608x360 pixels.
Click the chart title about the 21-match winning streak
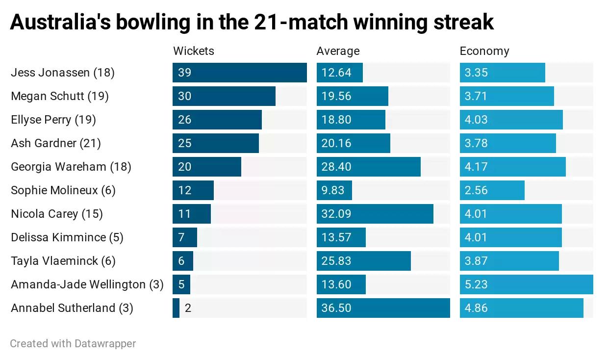click(x=252, y=23)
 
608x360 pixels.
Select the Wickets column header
click(x=194, y=51)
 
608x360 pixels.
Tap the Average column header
click(x=338, y=51)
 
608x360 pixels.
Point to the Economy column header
click(x=484, y=51)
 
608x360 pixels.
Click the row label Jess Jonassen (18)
click(x=63, y=73)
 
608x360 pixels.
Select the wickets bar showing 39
click(x=239, y=73)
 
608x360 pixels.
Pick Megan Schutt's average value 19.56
click(x=336, y=96)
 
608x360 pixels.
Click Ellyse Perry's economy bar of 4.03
click(x=511, y=120)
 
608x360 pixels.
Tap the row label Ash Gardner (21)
click(x=56, y=143)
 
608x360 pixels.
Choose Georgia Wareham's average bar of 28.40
click(x=368, y=167)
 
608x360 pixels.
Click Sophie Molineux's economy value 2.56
click(x=476, y=190)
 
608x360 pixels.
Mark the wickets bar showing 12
click(x=193, y=190)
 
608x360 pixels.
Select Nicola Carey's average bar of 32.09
click(x=375, y=214)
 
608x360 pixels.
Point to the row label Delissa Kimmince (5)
click(x=67, y=237)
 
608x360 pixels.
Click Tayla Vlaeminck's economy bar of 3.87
click(x=509, y=261)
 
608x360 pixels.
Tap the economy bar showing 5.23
click(x=526, y=284)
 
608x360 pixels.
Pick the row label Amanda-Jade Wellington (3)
click(x=87, y=284)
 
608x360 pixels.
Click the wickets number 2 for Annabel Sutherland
click(x=188, y=308)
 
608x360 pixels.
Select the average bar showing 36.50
click(x=383, y=308)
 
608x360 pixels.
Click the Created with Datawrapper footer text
click(x=73, y=344)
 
